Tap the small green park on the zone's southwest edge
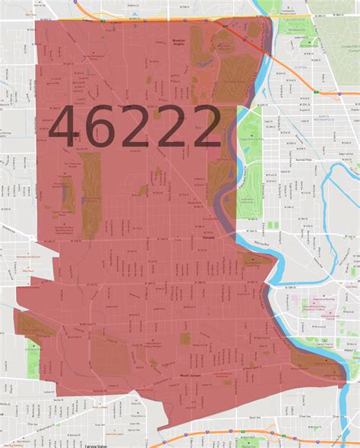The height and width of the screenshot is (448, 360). (x=33, y=364)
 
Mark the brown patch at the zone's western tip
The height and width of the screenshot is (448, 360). (x=34, y=325)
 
